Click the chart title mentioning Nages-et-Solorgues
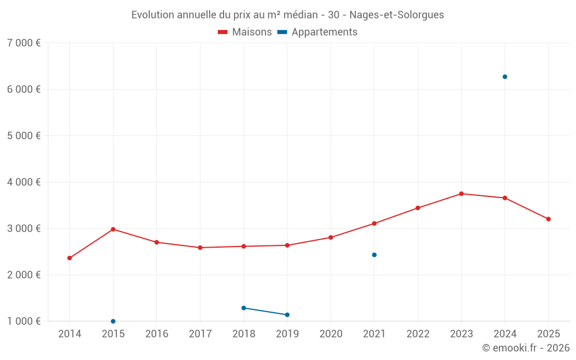[287, 15]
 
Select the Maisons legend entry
[245, 32]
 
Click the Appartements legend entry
[317, 32]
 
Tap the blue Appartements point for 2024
[505, 77]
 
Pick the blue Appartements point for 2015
[113, 321]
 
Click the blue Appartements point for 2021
[374, 255]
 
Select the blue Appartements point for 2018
[244, 308]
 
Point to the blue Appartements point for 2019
[287, 314]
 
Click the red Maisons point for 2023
[461, 194]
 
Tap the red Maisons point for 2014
[70, 258]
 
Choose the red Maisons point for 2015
[113, 229]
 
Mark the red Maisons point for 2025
[548, 219]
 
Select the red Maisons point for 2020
[331, 237]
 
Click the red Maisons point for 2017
[200, 248]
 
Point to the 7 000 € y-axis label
[24, 43]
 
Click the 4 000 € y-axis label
[24, 182]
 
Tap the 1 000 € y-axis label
[24, 321]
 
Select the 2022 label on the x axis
[418, 334]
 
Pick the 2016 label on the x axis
[157, 334]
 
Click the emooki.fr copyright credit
[525, 348]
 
